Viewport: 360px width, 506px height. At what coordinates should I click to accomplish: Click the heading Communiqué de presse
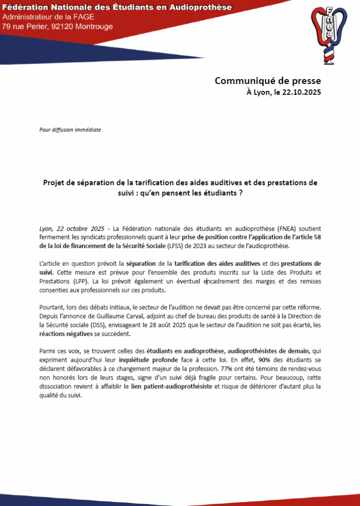click(268, 81)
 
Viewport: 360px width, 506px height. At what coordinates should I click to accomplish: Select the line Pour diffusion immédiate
click(70, 130)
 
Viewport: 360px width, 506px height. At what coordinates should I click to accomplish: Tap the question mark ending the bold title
click(240, 193)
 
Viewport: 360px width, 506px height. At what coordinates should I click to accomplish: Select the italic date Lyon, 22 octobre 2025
click(72, 229)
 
